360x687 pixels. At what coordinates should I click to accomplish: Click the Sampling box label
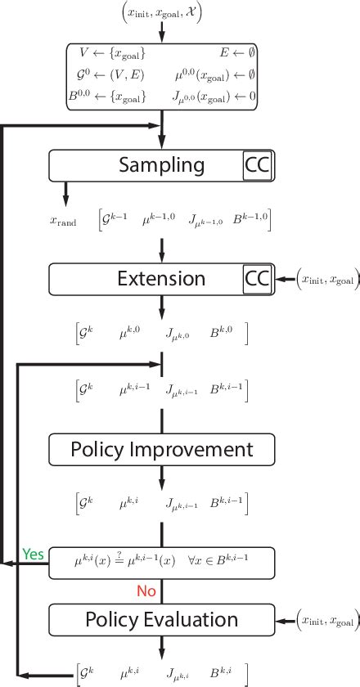162,165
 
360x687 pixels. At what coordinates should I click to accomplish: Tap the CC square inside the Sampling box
257,166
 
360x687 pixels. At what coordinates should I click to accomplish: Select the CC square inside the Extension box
257,279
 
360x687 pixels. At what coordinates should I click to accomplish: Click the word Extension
162,279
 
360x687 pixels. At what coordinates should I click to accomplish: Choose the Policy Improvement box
161,449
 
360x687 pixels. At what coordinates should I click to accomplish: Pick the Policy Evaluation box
161,619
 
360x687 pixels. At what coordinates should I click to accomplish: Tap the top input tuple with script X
160,13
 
